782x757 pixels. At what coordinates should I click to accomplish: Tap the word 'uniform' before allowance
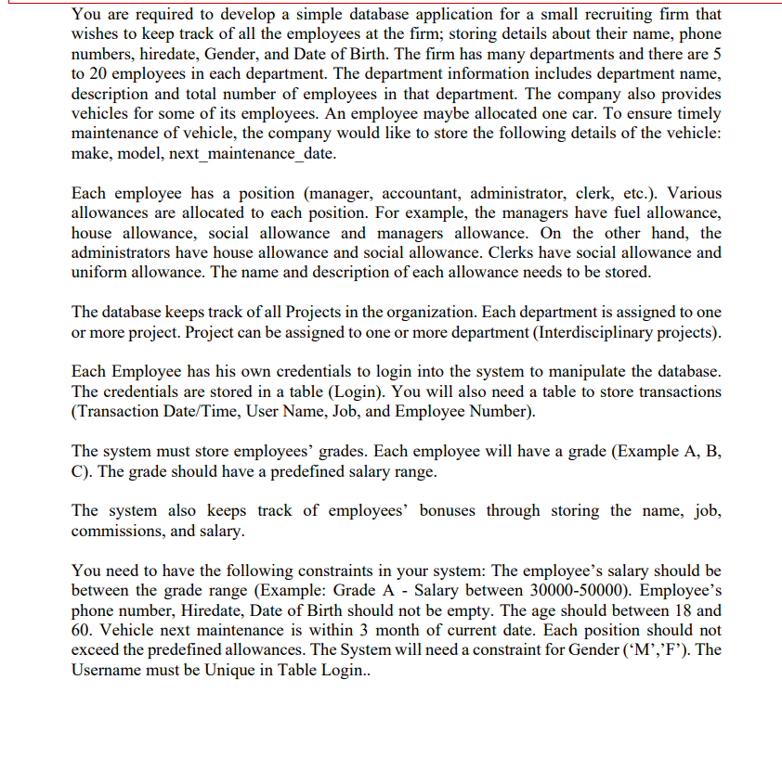click(x=100, y=272)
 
